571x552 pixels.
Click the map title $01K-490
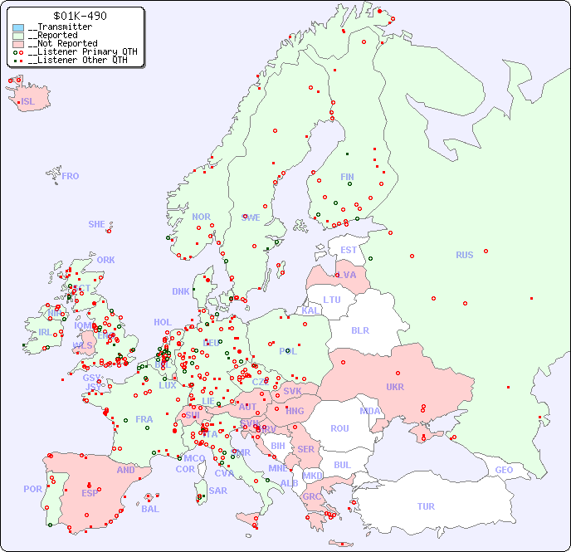coord(79,16)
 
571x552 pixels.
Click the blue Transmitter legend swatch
coord(18,27)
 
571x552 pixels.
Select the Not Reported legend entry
coord(62,43)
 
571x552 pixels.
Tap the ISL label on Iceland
coord(28,102)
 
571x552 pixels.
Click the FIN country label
coord(347,177)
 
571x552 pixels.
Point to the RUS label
coord(464,255)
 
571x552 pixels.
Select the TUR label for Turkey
coord(426,506)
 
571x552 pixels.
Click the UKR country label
coord(395,387)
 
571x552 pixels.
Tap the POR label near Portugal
coord(32,489)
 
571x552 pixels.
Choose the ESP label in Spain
coord(90,493)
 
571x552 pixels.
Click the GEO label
coord(504,470)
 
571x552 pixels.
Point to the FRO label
coord(71,176)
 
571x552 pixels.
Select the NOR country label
coord(201,217)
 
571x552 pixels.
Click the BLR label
coord(360,330)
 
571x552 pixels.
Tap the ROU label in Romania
coord(339,428)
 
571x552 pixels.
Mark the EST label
coord(349,250)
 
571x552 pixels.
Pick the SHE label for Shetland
coord(97,224)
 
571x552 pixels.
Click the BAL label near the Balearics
coord(149,509)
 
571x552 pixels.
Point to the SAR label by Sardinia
coord(217,491)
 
